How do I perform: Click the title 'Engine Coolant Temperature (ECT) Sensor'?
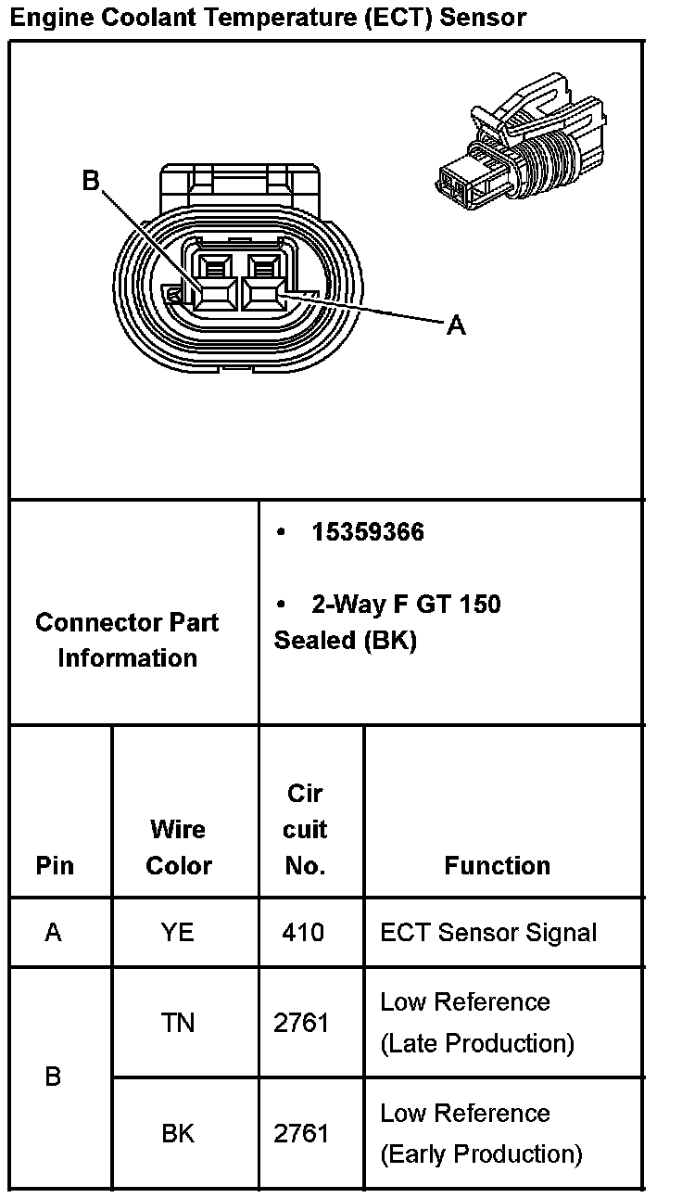point(269,17)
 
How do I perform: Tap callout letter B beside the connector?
point(91,181)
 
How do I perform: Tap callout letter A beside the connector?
point(456,325)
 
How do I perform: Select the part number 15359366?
point(368,532)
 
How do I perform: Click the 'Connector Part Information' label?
point(127,640)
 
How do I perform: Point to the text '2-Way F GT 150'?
point(406,605)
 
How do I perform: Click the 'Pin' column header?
point(55,865)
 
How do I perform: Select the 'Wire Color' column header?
point(179,848)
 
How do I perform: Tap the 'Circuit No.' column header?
point(305,829)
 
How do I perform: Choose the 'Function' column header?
point(497,865)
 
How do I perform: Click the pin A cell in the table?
point(54,932)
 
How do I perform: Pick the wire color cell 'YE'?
point(178,932)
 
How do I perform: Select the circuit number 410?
point(304,932)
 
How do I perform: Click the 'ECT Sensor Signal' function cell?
point(488,932)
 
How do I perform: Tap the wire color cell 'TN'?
point(178,1023)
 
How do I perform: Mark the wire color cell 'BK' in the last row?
point(178,1133)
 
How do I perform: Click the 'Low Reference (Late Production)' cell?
point(477,1023)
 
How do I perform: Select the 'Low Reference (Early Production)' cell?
point(481,1133)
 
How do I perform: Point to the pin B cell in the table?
point(54,1077)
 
